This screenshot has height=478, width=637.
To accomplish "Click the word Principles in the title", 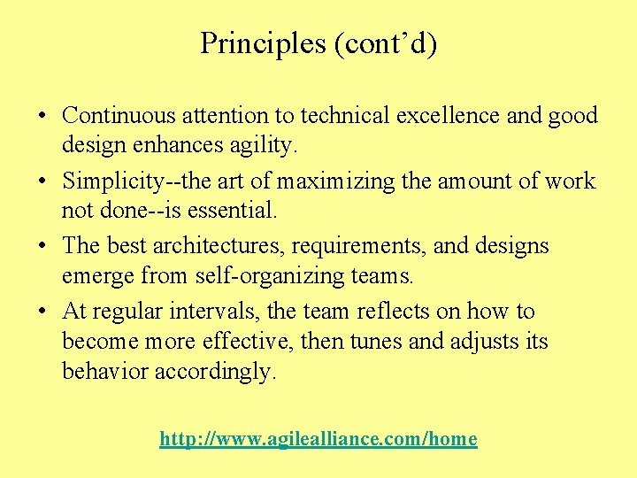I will (x=263, y=43).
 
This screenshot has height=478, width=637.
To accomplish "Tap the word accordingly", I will (x=215, y=372).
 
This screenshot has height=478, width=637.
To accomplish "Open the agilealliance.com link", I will (x=318, y=439).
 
